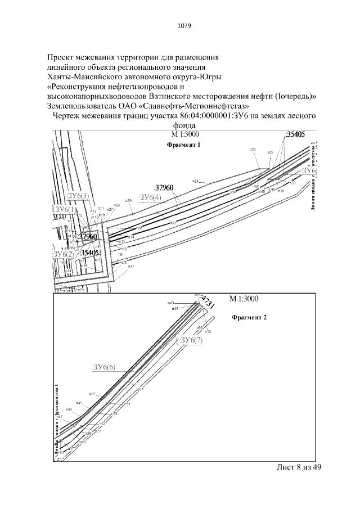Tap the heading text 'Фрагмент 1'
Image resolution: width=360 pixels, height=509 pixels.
pos(184,145)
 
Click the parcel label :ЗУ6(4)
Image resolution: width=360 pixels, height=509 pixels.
pos(150,197)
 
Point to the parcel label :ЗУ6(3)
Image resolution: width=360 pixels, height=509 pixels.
pos(78,196)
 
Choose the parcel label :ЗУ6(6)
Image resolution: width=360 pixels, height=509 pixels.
pos(103,367)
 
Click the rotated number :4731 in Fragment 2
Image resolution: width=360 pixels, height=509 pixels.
pos(208,304)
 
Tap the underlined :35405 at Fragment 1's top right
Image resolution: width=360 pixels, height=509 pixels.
pos(295,134)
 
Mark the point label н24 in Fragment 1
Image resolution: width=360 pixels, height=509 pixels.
pos(196,181)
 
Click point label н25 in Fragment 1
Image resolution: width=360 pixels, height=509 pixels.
pos(128,200)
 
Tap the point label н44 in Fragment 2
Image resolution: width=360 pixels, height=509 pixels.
pos(92,394)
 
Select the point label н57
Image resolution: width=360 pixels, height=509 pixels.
pos(141,389)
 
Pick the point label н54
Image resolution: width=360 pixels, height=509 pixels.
pos(128,404)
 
